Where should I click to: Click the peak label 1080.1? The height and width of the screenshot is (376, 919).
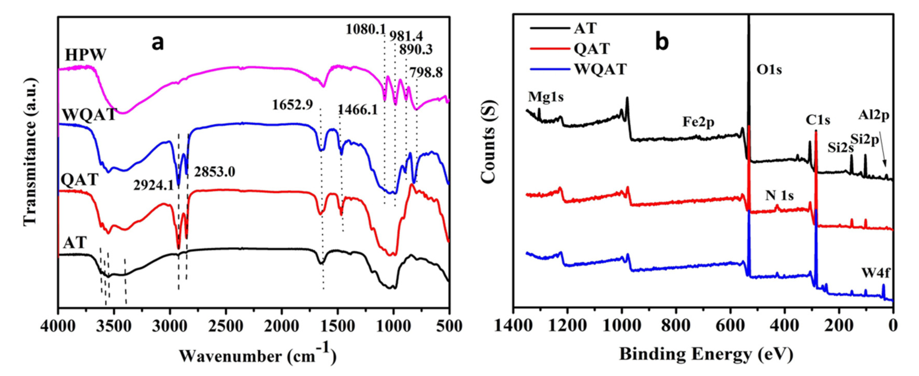(365, 28)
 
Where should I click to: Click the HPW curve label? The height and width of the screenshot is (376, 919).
(86, 55)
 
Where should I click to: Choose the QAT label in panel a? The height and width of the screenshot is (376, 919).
(79, 179)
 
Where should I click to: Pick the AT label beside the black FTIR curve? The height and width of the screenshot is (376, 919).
(75, 243)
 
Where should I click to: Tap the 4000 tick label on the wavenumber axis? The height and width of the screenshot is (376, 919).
(58, 326)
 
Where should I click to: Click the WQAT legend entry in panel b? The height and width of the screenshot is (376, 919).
(600, 69)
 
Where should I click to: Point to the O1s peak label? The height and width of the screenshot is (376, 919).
(769, 69)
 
